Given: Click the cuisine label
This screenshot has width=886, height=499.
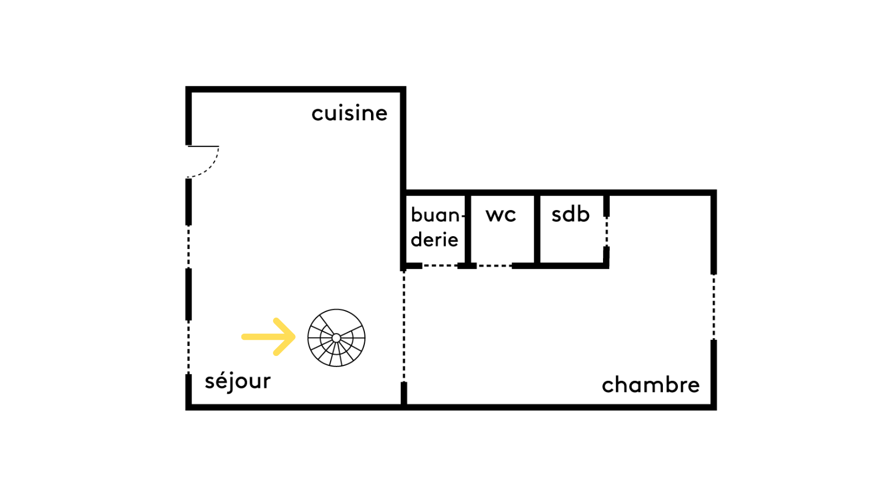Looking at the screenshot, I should click(x=349, y=113).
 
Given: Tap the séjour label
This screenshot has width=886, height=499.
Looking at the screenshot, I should click(x=238, y=381).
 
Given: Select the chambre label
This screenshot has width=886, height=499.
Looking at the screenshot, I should click(x=651, y=385).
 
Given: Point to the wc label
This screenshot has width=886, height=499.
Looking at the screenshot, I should click(x=501, y=215).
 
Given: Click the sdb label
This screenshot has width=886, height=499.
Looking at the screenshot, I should click(x=570, y=214).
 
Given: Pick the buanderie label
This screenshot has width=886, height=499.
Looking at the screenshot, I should click(x=435, y=227).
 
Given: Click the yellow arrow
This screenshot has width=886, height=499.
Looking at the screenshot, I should click(x=269, y=337).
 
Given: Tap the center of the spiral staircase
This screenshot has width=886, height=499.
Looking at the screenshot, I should click(x=336, y=338).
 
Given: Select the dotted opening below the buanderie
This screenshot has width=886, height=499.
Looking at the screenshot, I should click(x=440, y=266).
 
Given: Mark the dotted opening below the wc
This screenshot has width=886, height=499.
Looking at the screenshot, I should click(x=494, y=266).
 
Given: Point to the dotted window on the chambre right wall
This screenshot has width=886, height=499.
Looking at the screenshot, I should click(x=714, y=307).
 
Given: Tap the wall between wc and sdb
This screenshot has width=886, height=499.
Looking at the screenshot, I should click(x=537, y=228).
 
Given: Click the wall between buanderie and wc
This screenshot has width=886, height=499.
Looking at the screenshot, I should click(x=468, y=228).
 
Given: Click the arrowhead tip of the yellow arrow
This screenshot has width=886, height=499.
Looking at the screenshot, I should click(x=294, y=337).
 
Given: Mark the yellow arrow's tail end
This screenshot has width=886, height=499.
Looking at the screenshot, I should click(x=244, y=337).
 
